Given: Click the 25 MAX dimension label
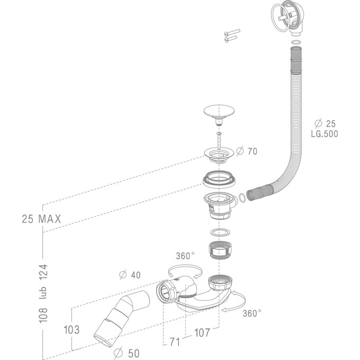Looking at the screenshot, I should [42, 218].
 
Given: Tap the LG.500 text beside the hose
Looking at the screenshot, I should [324, 133].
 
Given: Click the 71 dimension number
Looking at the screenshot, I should [175, 343].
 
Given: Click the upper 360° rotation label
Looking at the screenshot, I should [186, 255].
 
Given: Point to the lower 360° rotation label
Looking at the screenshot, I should [252, 313].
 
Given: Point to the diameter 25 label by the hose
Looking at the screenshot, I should [324, 122].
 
